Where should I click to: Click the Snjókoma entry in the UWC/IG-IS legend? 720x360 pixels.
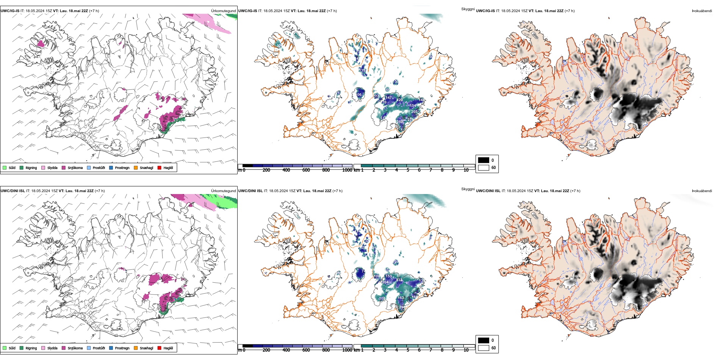pyautogui.click(x=75, y=167)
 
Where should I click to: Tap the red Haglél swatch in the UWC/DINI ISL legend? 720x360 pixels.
pyautogui.click(x=160, y=348)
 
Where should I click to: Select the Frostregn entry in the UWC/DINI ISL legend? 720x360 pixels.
pyautogui.click(x=122, y=348)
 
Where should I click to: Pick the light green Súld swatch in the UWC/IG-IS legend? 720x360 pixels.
pyautogui.click(x=5, y=167)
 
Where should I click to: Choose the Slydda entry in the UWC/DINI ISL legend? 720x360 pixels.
pyautogui.click(x=52, y=348)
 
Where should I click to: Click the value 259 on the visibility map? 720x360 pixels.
pyautogui.click(x=400, y=122)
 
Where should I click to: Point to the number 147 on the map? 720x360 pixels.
pyautogui.click(x=389, y=98)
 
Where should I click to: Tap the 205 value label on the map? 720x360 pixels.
pyautogui.click(x=414, y=112)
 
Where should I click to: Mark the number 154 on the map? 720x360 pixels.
pyautogui.click(x=413, y=106)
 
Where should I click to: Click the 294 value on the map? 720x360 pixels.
pyautogui.click(x=401, y=307)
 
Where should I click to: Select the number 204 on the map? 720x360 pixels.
pyautogui.click(x=385, y=282)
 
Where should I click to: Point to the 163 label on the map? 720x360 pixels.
pyautogui.click(x=401, y=298)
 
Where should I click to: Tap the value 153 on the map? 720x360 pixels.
pyautogui.click(x=388, y=276)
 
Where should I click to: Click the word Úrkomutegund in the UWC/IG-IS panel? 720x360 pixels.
pyautogui.click(x=223, y=11)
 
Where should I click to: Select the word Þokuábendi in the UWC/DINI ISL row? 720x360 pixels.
pyautogui.click(x=701, y=191)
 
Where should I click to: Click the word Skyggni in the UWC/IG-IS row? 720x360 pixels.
pyautogui.click(x=468, y=9)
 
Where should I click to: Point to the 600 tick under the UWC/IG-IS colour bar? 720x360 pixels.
pyautogui.click(x=306, y=170)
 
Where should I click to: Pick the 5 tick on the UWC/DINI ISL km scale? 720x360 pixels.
pyautogui.click(x=408, y=350)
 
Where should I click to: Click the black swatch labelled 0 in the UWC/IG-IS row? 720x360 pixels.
pyautogui.click(x=484, y=160)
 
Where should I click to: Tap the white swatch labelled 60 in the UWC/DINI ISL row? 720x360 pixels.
pyautogui.click(x=484, y=347)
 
